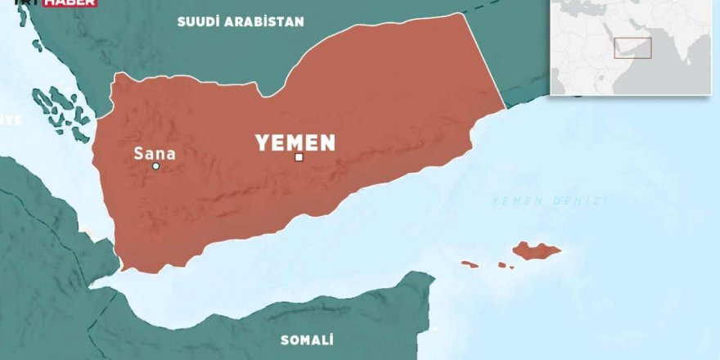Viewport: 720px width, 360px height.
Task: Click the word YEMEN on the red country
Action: (x=295, y=143)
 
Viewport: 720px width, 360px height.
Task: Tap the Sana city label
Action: (x=155, y=151)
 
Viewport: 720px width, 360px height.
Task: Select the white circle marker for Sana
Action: (x=156, y=166)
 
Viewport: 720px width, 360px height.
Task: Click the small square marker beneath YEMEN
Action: (x=299, y=157)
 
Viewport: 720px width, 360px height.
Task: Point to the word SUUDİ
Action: (x=199, y=22)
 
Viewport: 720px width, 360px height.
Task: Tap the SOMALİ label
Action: (x=307, y=340)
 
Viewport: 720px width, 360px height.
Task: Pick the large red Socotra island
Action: (x=538, y=250)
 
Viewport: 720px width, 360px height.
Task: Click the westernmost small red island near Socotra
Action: (x=470, y=263)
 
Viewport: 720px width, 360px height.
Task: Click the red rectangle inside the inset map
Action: (x=632, y=47)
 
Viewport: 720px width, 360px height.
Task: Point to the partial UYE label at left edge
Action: (x=10, y=119)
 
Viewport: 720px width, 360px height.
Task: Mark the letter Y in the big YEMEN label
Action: (x=263, y=143)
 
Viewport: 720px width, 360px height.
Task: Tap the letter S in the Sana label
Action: (x=139, y=151)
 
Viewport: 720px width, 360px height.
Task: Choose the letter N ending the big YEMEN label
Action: (x=327, y=143)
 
